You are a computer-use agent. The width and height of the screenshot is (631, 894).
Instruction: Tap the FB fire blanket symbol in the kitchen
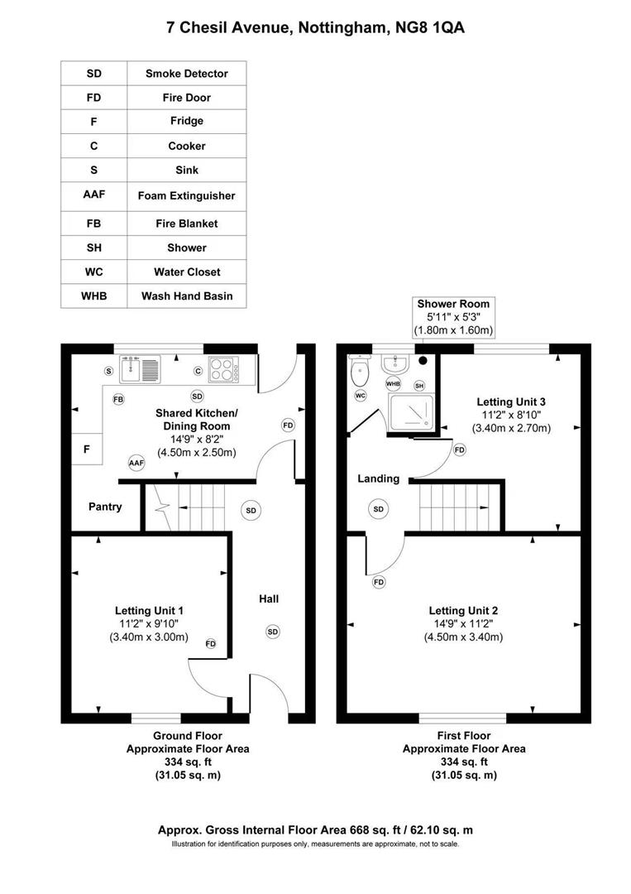tap(118, 399)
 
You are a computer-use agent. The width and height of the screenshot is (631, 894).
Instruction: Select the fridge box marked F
tap(86, 449)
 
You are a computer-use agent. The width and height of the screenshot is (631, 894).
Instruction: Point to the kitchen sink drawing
tap(141, 368)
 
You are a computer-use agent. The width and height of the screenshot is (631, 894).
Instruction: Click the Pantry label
tap(105, 507)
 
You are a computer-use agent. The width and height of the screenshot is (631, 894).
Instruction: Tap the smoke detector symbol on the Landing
tap(379, 508)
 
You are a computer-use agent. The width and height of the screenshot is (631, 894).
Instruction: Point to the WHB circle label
tap(393, 384)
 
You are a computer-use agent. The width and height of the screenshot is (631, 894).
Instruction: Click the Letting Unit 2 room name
tap(463, 610)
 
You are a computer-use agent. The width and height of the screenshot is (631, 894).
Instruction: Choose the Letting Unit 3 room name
tap(511, 401)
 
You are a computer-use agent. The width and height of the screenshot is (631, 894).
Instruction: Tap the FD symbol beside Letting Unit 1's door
tap(211, 643)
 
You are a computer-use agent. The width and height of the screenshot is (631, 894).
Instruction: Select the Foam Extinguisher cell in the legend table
tap(186, 196)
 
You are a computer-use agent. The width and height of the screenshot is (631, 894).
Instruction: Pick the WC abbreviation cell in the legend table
tap(93, 272)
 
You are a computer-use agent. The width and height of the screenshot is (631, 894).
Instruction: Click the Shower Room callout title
tap(453, 304)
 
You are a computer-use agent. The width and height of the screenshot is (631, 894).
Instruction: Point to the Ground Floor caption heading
tap(187, 735)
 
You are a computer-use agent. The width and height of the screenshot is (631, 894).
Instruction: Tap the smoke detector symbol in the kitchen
tap(197, 396)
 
